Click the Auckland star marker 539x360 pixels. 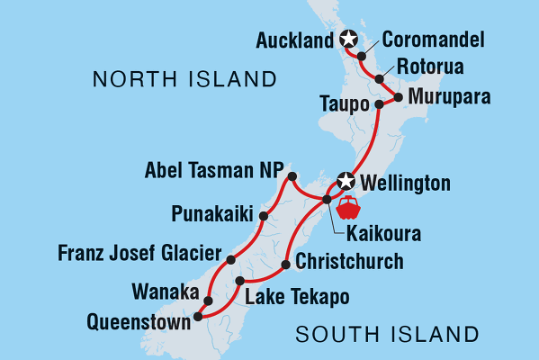click(348, 39)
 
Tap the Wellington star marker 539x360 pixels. click(345, 182)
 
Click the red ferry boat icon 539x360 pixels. click(346, 208)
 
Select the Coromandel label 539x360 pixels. click(433, 40)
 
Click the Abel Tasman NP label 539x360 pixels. click(214, 171)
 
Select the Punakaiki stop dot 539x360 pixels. click(264, 216)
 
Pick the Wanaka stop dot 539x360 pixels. click(209, 301)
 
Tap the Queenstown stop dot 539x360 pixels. click(198, 316)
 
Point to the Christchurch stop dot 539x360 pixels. click(286, 265)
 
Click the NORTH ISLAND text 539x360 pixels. click(184, 81)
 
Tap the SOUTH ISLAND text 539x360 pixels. click(387, 336)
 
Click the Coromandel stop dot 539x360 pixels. click(362, 57)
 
